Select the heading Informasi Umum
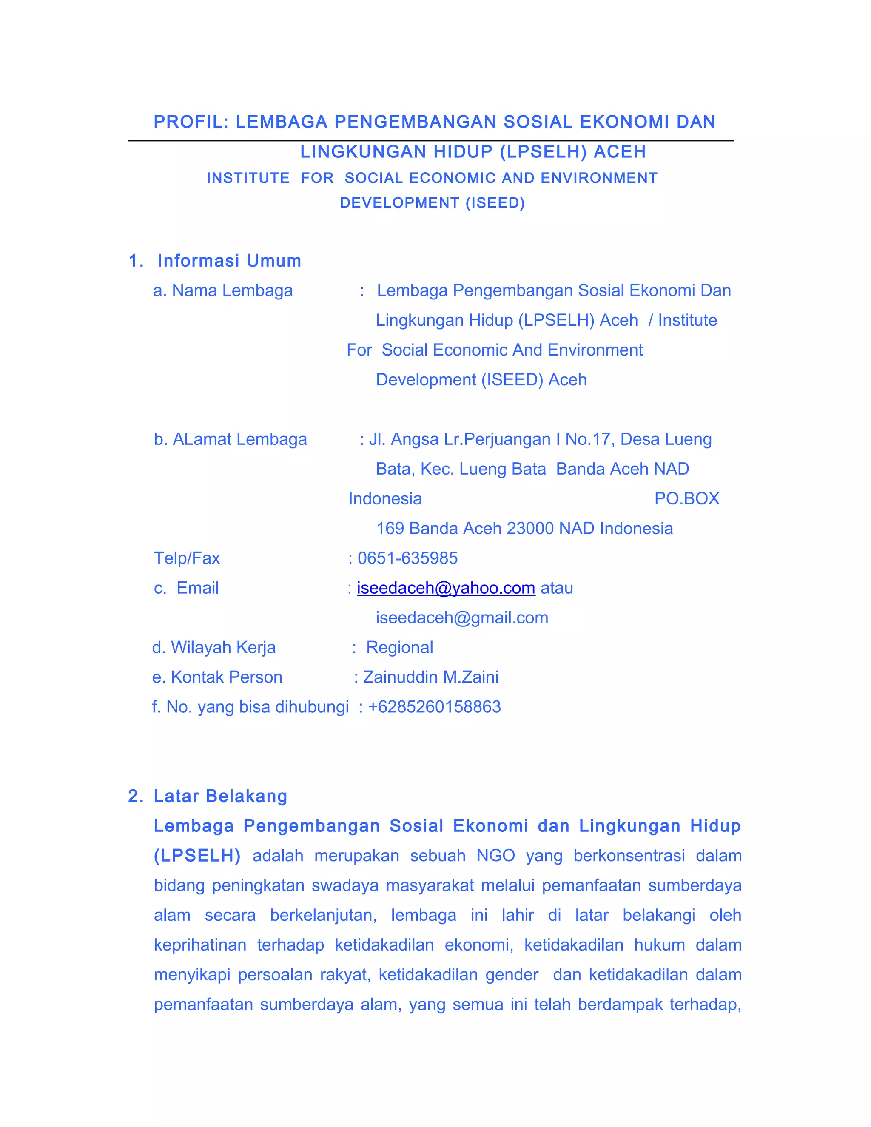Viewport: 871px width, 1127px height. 229,261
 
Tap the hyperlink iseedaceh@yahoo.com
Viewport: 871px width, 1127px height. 446,588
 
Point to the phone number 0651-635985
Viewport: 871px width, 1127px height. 407,558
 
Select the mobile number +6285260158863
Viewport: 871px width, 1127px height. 435,706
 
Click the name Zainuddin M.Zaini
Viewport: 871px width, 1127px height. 431,677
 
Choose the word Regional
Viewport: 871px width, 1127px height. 399,647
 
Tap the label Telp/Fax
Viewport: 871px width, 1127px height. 187,558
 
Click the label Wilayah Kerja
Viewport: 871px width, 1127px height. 223,647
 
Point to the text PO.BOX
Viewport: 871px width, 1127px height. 686,498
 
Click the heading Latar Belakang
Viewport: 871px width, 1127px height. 220,796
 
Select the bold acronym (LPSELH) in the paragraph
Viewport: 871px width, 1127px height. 197,856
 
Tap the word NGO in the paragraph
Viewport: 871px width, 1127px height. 495,856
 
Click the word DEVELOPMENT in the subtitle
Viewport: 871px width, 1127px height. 399,203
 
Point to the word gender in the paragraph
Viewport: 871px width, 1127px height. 512,974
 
